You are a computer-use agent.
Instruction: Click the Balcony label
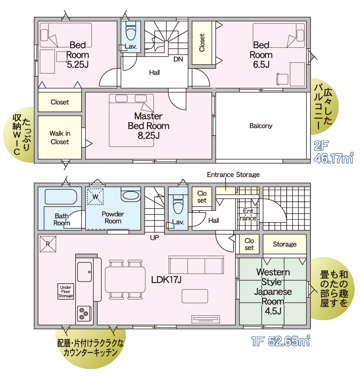pos(261,126)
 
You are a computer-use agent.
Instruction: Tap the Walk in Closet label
pos(60,137)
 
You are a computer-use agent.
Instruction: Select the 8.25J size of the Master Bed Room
pos(148,136)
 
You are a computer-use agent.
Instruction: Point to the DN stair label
pos(178,59)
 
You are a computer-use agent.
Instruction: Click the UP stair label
pos(154,238)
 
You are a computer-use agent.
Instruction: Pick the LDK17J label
pos(166,280)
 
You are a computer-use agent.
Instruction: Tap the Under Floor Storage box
pos(66,292)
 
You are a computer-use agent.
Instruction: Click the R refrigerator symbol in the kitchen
pos(48,244)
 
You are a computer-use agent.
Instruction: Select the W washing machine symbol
pos(95,196)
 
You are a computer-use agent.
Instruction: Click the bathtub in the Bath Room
pos(61,196)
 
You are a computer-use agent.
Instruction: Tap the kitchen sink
pos(84,272)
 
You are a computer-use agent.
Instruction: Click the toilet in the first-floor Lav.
pos(178,204)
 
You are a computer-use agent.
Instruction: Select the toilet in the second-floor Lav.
pos(131,31)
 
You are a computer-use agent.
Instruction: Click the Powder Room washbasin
pos(131,196)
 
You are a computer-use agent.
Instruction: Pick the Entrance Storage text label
pos(233,175)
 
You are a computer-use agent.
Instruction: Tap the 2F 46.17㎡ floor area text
pos(333,152)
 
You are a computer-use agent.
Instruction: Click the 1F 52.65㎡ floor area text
pos(281,341)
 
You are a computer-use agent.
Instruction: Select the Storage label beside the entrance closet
pos(284,244)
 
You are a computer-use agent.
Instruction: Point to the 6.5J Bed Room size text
pos(261,65)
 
